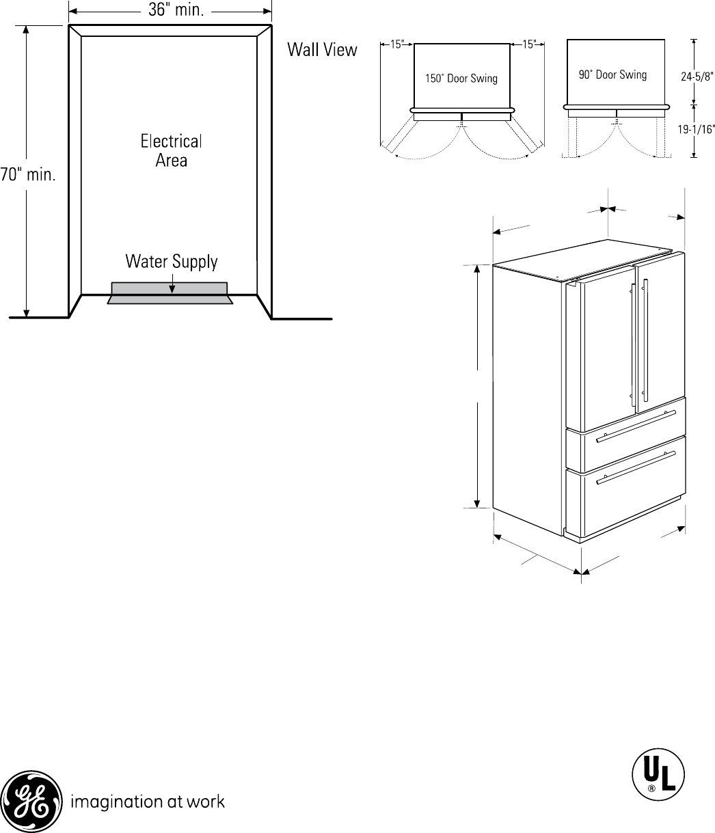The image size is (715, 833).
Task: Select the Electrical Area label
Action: pos(172,151)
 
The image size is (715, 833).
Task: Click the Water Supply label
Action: pos(172,261)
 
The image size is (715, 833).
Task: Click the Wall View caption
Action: pos(322,50)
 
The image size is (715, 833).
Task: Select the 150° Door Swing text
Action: pos(461,79)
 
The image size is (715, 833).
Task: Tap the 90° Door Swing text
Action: pos(612,74)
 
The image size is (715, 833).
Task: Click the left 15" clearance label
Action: pos(397,45)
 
